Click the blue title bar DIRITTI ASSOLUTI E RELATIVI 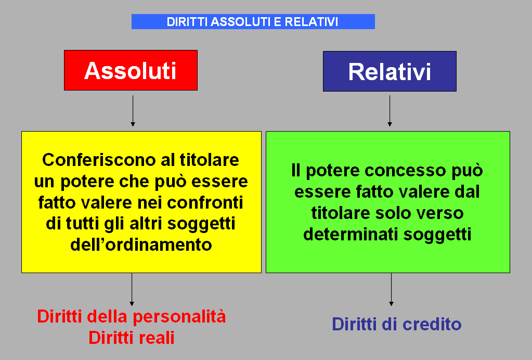pyautogui.click(x=253, y=21)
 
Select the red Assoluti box pyautogui.click(x=131, y=70)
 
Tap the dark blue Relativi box pyautogui.click(x=390, y=71)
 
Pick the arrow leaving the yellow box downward pyautogui.click(x=132, y=289)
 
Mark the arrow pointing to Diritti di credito pyautogui.click(x=391, y=289)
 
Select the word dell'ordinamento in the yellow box pyautogui.click(x=141, y=244)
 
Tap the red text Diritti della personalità pyautogui.click(x=132, y=316)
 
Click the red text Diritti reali pyautogui.click(x=132, y=338)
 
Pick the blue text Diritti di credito pyautogui.click(x=397, y=324)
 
